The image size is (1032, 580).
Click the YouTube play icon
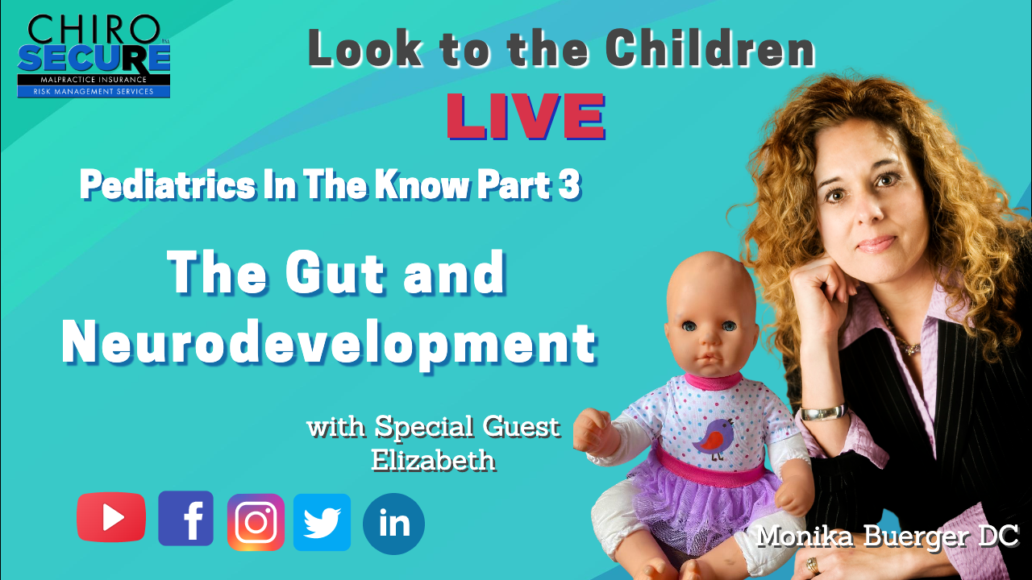pyautogui.click(x=111, y=517)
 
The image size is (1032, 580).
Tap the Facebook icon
pyautogui.click(x=185, y=518)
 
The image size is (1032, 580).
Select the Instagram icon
pyautogui.click(x=256, y=523)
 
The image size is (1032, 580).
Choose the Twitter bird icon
pyautogui.click(x=322, y=523)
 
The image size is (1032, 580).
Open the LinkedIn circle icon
pyautogui.click(x=393, y=524)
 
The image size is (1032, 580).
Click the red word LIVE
pyautogui.click(x=526, y=117)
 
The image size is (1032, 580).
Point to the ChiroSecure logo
pyautogui.click(x=94, y=56)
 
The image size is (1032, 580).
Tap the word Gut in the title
pyautogui.click(x=335, y=272)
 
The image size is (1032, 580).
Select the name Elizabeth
pyautogui.click(x=434, y=460)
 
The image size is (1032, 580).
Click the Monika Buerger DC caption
pyautogui.click(x=888, y=536)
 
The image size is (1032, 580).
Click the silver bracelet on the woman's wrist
pyautogui.click(x=824, y=412)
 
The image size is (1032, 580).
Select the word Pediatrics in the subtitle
pyautogui.click(x=168, y=185)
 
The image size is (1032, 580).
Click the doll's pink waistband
pyautogui.click(x=709, y=466)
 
